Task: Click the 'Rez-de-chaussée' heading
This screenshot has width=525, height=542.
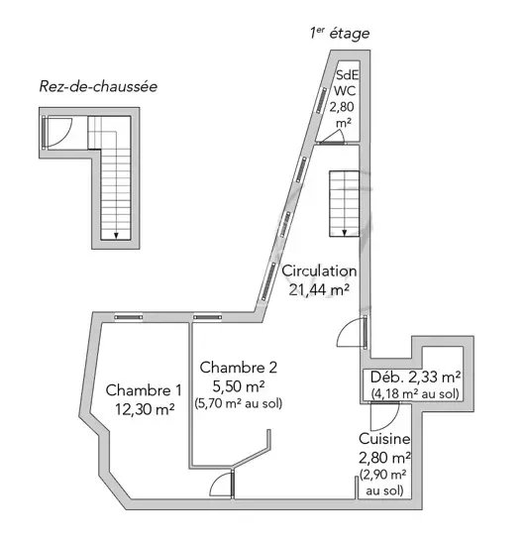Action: click(x=98, y=86)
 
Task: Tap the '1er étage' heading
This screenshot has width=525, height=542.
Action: click(x=340, y=34)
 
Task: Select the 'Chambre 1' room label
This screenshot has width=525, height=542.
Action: click(x=144, y=390)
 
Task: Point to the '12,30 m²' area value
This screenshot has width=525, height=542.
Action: click(x=145, y=409)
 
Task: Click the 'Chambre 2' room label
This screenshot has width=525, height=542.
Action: click(x=238, y=367)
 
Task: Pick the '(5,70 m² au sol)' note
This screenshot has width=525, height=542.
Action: click(x=238, y=403)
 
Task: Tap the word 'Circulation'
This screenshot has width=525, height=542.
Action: click(x=319, y=271)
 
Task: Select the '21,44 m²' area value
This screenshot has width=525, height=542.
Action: click(x=319, y=289)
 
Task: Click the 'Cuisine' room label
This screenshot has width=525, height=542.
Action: click(x=384, y=439)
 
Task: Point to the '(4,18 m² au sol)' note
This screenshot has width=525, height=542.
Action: click(x=415, y=393)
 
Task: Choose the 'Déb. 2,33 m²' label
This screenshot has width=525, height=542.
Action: click(x=415, y=377)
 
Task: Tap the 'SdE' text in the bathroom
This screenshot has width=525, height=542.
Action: click(x=348, y=74)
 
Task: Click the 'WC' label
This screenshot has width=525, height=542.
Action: click(x=345, y=90)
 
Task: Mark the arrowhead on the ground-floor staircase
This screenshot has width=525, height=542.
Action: click(x=116, y=236)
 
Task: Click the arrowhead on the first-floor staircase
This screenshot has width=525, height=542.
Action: click(x=345, y=233)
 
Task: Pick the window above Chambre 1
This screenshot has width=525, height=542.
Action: click(x=128, y=317)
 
